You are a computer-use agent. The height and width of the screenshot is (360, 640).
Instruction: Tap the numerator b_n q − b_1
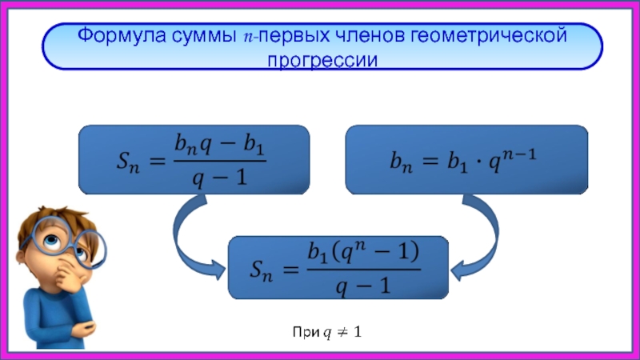pos(220,146)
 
